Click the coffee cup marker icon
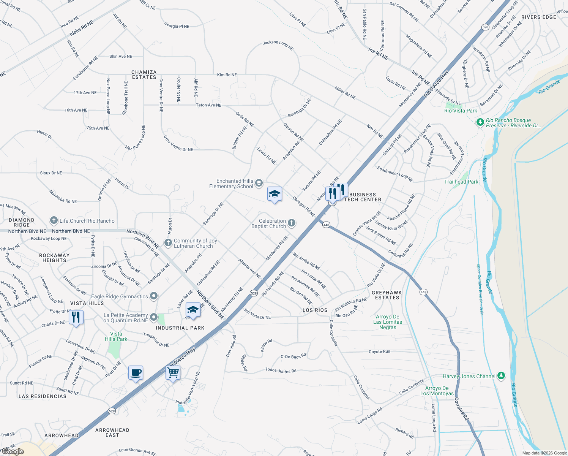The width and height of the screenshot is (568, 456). tap(136, 373)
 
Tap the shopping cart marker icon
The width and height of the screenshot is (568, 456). tap(173, 373)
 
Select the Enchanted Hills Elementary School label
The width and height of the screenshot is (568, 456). tap(231, 184)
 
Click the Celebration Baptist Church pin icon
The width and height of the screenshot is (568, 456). tap(292, 223)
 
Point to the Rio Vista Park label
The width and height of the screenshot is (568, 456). tap(461, 111)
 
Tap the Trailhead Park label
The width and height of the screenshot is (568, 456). tap(461, 182)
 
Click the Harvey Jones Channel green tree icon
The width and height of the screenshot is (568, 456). tap(501, 376)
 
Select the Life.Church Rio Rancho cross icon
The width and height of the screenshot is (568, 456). tap(54, 220)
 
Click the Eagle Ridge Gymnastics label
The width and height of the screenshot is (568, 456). tap(120, 297)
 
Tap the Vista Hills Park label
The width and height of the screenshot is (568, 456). tap(116, 337)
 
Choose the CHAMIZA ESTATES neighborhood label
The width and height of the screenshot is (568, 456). tap(144, 75)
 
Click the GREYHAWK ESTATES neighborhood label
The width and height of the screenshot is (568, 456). tap(387, 295)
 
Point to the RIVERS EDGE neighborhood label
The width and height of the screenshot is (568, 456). tap(538, 17)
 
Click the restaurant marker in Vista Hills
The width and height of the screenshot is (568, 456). tap(76, 317)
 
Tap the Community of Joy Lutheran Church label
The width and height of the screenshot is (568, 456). tap(195, 244)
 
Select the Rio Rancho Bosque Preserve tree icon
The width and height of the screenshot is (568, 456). tap(480, 122)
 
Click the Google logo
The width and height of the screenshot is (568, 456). tap(13, 451)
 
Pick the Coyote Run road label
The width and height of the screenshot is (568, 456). tap(379, 352)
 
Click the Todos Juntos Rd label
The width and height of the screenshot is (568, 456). tap(281, 370)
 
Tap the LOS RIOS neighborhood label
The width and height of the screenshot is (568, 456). tap(315, 310)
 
